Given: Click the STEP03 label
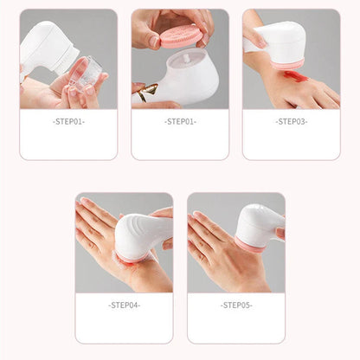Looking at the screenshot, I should pyautogui.click(x=291, y=121).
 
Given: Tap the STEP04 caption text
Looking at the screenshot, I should pyautogui.click(x=124, y=305).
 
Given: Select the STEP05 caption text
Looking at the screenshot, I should pyautogui.click(x=235, y=305).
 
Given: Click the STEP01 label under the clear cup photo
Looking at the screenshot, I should pyautogui.click(x=68, y=121).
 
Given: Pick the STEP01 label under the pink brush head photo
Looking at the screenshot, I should pyautogui.click(x=180, y=121).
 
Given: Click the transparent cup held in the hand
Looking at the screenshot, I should pyautogui.click(x=85, y=74).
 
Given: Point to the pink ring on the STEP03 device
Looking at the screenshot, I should pyautogui.click(x=287, y=64).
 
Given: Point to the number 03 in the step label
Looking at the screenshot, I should pyautogui.click(x=299, y=121).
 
